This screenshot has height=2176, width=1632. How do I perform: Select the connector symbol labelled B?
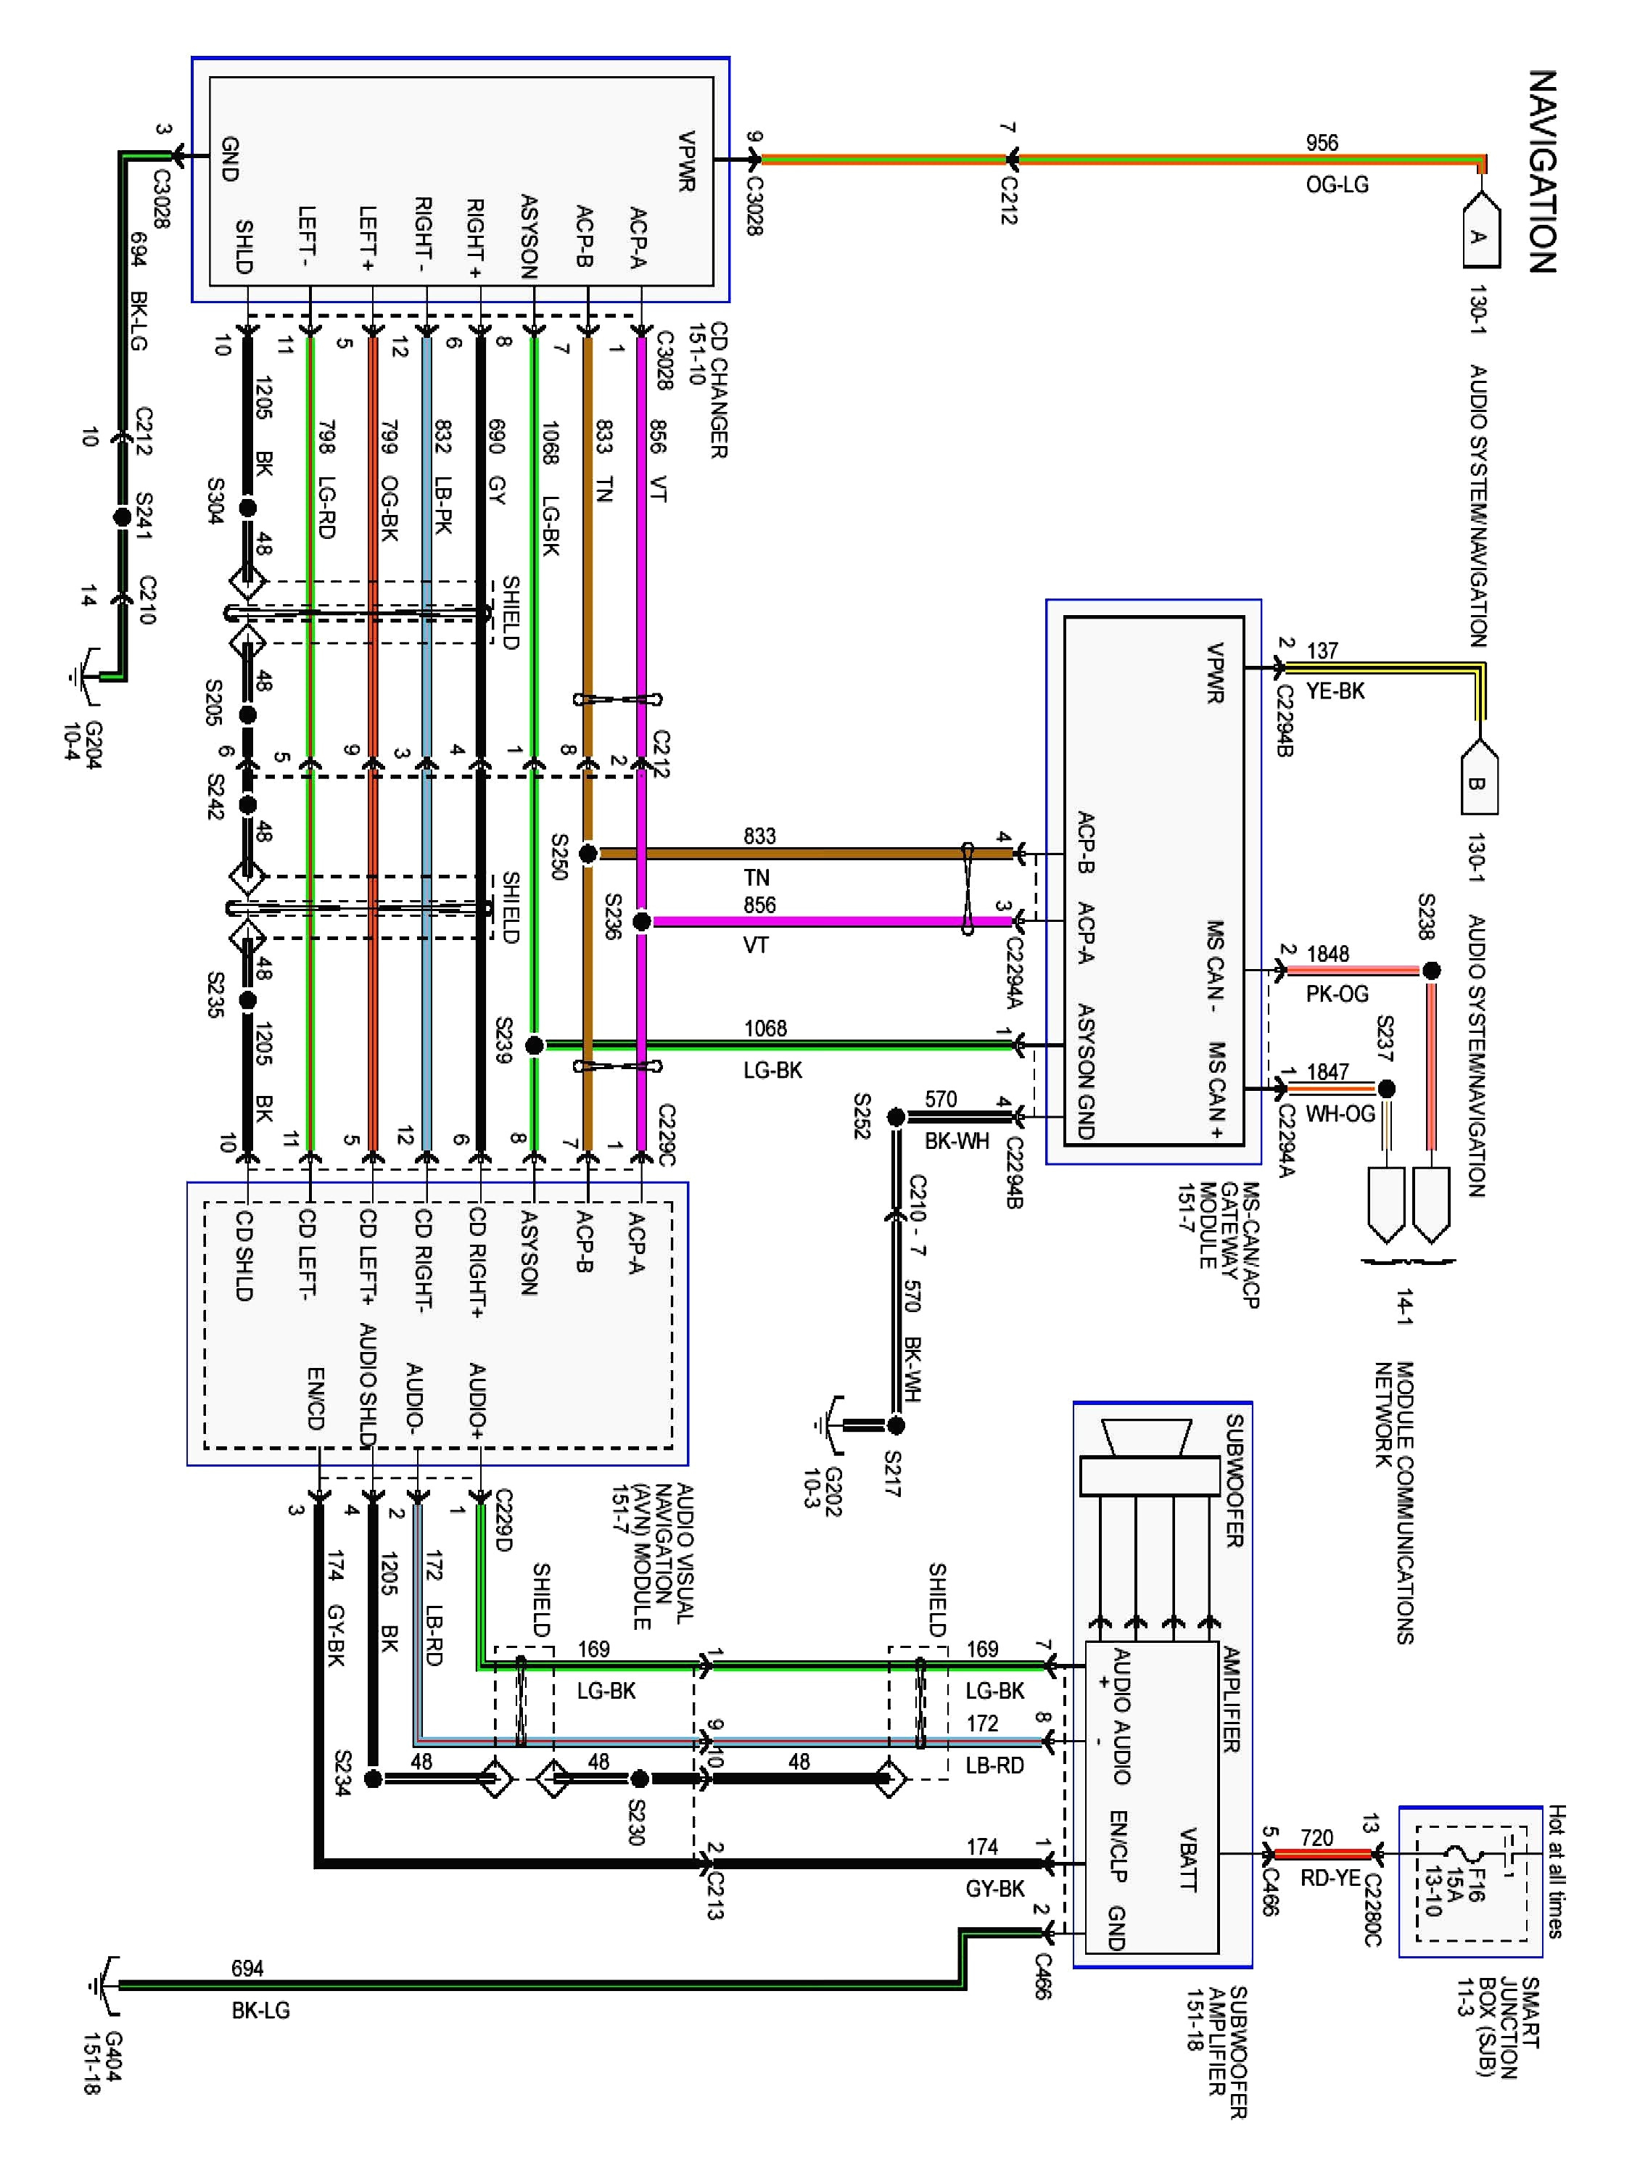[1478, 781]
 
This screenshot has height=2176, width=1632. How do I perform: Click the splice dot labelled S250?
[588, 854]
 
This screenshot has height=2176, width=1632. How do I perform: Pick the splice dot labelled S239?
[534, 1044]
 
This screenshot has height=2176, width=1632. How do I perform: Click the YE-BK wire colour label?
[1335, 691]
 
